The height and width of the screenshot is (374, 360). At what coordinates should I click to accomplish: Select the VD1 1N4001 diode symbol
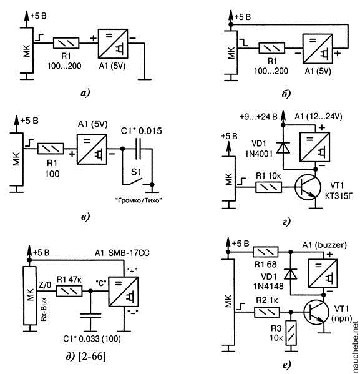coord(283,147)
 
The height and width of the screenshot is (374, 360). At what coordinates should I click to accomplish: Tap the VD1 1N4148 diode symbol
coord(290,273)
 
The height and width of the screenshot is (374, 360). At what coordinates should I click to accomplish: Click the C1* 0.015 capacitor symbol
coord(139,149)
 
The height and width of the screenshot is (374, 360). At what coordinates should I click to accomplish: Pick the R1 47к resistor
coord(69,291)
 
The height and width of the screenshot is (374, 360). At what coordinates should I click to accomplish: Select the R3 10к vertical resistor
coord(291,333)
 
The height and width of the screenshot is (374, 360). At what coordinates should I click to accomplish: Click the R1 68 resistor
coord(265,252)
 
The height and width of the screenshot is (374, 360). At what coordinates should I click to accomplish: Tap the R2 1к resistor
coord(267,312)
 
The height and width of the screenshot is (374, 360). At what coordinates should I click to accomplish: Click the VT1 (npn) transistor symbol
coord(316,312)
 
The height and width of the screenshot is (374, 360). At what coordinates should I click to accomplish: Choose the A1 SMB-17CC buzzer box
coord(124,292)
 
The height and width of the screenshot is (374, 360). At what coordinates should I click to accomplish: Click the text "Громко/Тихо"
coord(139,200)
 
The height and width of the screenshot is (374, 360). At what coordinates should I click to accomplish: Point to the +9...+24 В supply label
coord(258,117)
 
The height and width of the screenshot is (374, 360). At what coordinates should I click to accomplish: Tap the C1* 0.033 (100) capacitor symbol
coord(90,316)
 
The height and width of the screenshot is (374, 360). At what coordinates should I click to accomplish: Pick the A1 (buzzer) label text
coord(324,245)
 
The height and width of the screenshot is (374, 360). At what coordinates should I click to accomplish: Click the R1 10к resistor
coord(268,187)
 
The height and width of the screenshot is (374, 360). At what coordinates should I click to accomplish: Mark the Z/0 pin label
coord(44,285)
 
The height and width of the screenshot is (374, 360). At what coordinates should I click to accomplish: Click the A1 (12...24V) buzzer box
coord(314,147)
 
